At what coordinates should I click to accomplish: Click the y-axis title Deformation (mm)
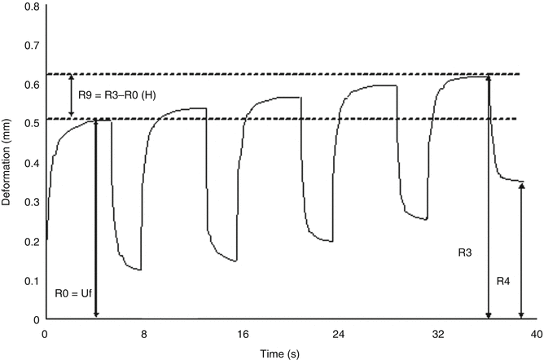7,162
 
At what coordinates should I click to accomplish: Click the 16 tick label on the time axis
242,333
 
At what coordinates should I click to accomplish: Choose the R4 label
505,281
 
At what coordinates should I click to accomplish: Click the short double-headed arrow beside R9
72,96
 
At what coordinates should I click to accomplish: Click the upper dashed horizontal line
285,74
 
